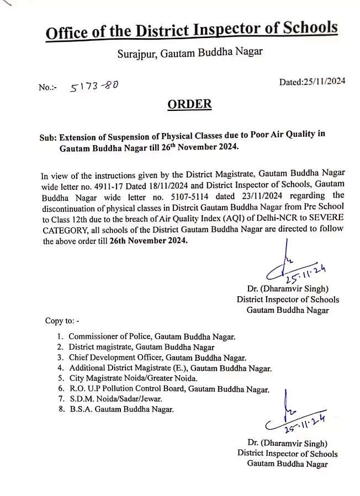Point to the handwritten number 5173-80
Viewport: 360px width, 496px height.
point(94,86)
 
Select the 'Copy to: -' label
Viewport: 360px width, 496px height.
point(62,321)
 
